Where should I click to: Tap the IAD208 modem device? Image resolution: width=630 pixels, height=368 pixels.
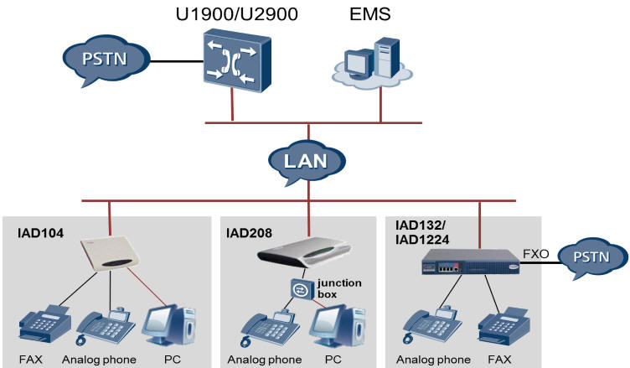[x=297, y=251]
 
